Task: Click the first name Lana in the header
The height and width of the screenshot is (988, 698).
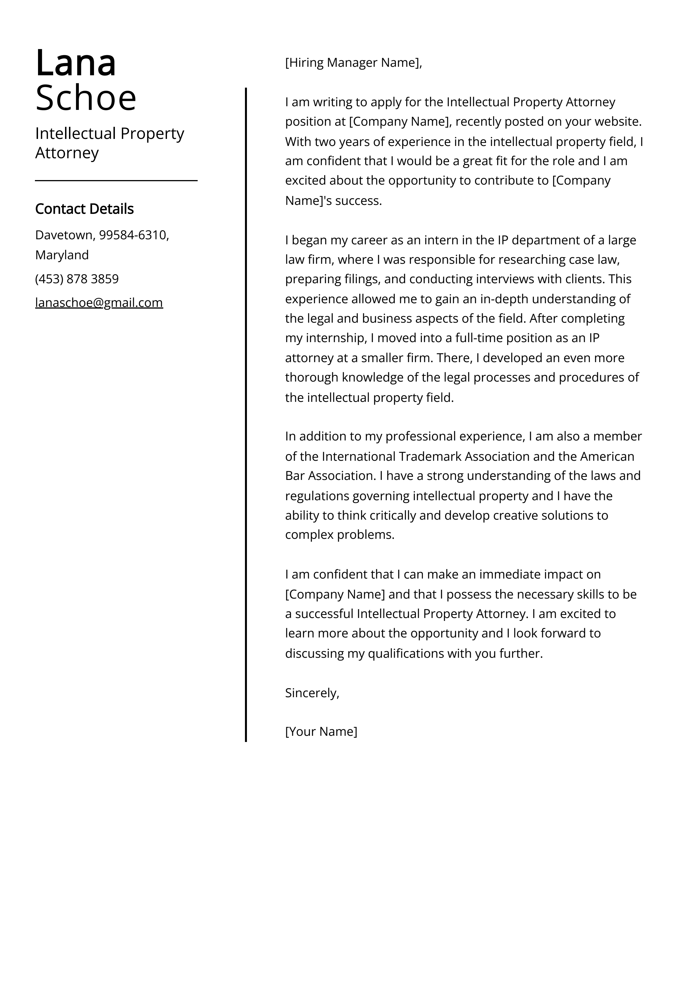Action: coord(76,64)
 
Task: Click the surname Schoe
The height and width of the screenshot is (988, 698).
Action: coord(86,98)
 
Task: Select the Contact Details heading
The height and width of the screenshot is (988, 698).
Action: coord(84,209)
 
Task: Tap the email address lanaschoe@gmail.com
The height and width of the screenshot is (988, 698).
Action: coord(99,303)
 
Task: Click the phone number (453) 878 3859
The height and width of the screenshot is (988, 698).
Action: coord(77,279)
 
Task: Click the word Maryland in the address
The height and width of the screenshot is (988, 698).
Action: coord(62,255)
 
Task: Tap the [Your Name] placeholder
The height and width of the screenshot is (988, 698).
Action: coord(321,732)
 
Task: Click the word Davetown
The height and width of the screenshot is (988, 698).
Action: coord(64,235)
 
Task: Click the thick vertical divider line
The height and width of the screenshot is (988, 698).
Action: coord(246,413)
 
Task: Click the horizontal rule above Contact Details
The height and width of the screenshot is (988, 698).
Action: coord(116,181)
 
